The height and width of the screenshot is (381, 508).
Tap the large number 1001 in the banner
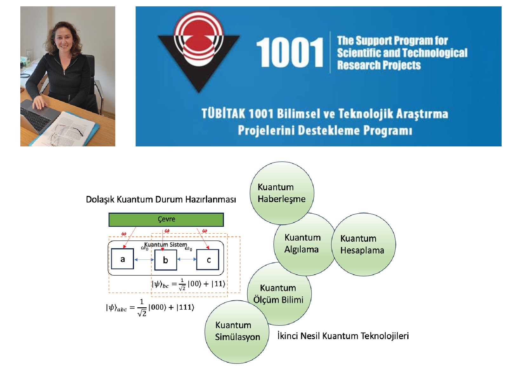[x=290, y=52]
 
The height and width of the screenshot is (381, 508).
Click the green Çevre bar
[x=166, y=219]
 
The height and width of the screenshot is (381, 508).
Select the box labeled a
[x=123, y=259]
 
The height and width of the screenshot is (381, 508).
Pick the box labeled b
[x=165, y=259]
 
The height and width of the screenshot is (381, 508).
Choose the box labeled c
[x=208, y=259]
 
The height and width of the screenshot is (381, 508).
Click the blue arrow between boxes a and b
[x=144, y=259]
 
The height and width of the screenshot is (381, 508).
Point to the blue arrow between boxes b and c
[x=187, y=259]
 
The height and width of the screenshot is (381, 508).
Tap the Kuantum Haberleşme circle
[x=282, y=193]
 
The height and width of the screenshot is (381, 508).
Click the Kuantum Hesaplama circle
[x=364, y=244]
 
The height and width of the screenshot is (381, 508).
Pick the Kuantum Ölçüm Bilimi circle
[x=279, y=294]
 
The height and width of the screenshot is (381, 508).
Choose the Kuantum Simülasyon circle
[x=237, y=332]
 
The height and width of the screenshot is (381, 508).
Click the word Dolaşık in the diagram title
[x=100, y=200]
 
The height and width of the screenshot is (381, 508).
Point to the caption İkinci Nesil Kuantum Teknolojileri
[x=343, y=336]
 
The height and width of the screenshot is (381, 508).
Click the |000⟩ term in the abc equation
[x=157, y=307]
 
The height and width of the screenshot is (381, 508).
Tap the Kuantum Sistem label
[x=165, y=244]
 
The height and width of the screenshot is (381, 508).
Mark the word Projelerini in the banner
[x=266, y=130]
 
